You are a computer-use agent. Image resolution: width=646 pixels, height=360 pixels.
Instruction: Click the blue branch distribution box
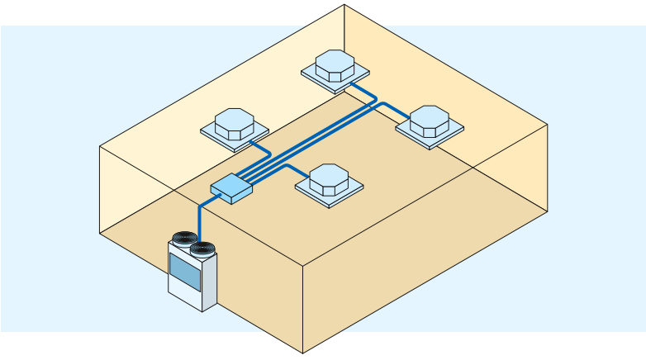coord(230,189)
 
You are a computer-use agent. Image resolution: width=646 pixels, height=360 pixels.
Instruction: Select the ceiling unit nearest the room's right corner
coord(430,124)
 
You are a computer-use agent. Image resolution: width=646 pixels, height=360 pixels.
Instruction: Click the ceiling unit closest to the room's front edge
coord(329,180)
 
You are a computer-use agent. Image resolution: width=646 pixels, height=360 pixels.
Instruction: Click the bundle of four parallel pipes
coord(306,141)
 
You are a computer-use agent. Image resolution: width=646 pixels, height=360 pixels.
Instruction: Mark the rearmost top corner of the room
coord(344,5)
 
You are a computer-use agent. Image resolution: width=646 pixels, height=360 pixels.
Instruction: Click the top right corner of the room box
coord(549,125)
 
